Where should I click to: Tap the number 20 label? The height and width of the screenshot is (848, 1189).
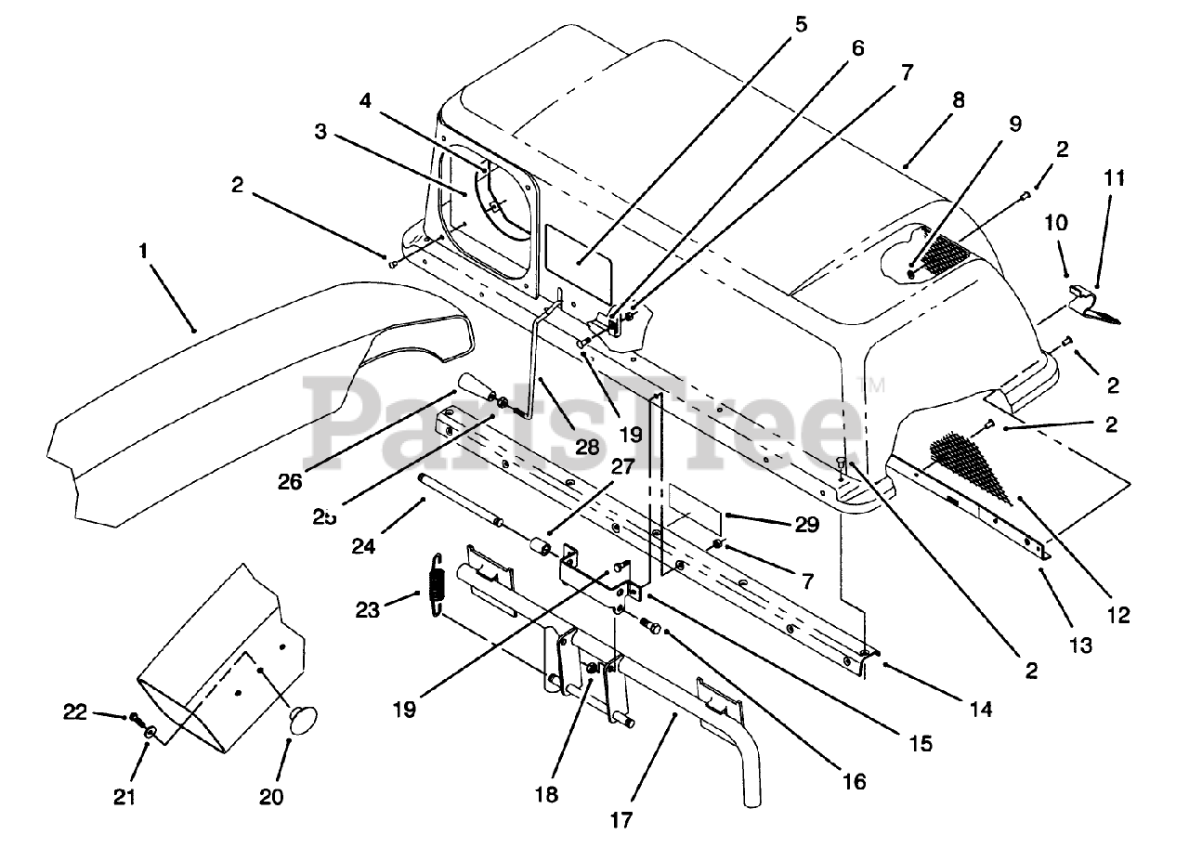click(272, 797)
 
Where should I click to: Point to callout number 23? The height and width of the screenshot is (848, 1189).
click(368, 610)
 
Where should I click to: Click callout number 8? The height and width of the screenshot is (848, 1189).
click(958, 100)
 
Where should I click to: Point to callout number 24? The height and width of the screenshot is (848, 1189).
click(363, 547)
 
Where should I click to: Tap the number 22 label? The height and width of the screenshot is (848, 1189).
click(75, 713)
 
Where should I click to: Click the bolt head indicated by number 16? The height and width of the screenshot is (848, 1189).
click(652, 629)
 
